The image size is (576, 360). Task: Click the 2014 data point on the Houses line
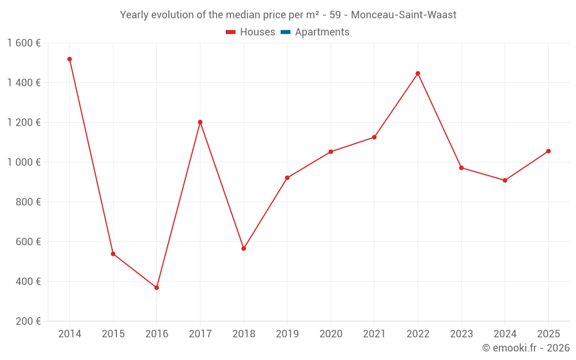click(x=70, y=59)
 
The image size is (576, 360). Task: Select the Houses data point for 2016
click(x=157, y=287)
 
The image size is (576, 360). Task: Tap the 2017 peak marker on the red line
click(x=200, y=122)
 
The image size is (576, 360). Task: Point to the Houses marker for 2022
click(x=418, y=74)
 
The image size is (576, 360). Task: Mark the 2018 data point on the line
click(x=244, y=248)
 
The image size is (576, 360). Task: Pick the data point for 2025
click(x=548, y=151)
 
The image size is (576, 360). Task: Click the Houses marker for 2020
click(x=331, y=152)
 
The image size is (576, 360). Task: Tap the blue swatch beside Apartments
click(x=286, y=32)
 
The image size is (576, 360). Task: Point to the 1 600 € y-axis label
click(x=24, y=43)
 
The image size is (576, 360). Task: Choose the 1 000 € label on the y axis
click(x=24, y=162)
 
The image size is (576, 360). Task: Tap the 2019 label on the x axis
click(x=287, y=334)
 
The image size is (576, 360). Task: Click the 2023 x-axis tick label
click(x=461, y=334)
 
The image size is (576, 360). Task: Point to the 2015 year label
click(x=113, y=334)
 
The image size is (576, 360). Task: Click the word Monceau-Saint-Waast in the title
click(x=403, y=15)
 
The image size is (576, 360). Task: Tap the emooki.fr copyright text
click(x=525, y=348)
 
